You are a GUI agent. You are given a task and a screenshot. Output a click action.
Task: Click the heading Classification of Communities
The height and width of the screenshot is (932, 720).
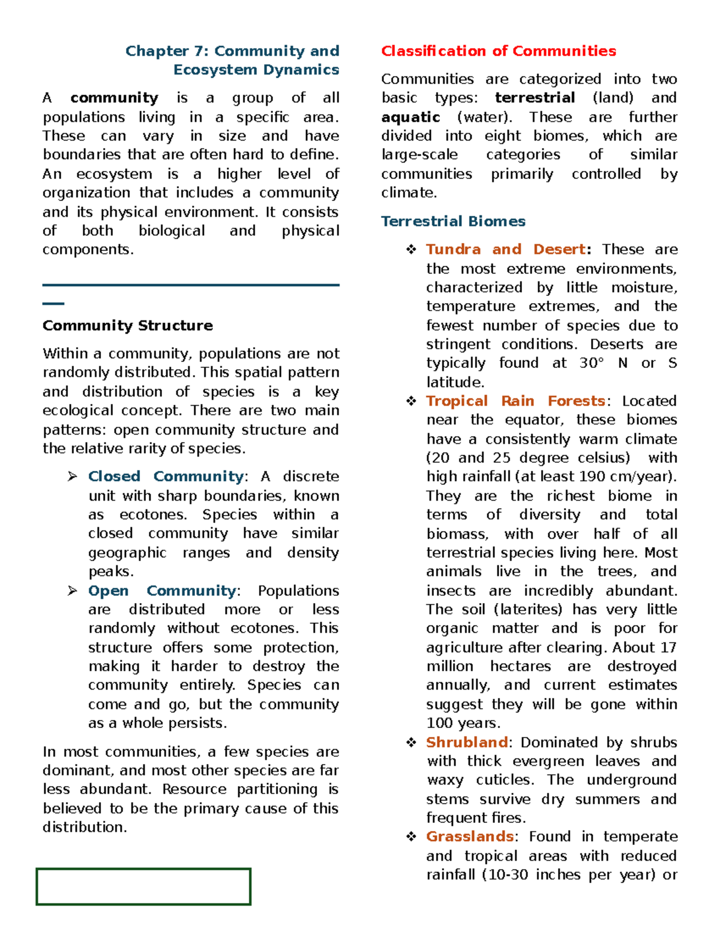click(498, 51)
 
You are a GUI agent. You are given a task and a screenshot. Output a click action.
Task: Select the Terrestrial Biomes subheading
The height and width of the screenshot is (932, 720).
click(453, 221)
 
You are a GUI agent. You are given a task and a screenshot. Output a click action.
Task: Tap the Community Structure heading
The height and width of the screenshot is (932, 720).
click(128, 325)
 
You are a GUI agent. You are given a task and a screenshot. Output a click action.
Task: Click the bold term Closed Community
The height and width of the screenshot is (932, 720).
click(166, 477)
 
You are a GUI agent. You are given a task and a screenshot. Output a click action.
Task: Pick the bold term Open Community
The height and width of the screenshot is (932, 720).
click(162, 591)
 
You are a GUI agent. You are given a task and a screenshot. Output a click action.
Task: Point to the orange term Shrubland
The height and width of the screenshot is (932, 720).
click(467, 742)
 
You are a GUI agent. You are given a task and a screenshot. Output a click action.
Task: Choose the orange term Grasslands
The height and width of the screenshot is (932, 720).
click(469, 837)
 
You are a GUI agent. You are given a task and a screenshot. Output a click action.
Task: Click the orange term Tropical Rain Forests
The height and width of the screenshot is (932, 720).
click(515, 401)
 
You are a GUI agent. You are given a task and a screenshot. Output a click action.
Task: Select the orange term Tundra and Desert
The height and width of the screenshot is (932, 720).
click(506, 249)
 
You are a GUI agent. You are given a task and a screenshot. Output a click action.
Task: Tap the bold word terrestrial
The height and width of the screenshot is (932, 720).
click(535, 98)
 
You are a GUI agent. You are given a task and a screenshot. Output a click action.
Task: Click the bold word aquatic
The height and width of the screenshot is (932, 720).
click(410, 117)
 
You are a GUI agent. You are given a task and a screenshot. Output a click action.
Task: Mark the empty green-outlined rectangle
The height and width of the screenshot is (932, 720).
click(143, 886)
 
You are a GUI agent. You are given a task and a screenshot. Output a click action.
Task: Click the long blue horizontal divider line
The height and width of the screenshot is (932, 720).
click(191, 285)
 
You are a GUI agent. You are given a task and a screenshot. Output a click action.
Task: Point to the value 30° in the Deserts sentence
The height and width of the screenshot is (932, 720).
click(591, 363)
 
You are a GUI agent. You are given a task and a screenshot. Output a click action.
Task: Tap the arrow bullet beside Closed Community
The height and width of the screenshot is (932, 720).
click(73, 477)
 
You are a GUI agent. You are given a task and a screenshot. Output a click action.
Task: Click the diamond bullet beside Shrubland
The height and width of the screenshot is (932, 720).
click(411, 743)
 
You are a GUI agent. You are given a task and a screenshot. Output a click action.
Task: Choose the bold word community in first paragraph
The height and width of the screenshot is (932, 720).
click(114, 98)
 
